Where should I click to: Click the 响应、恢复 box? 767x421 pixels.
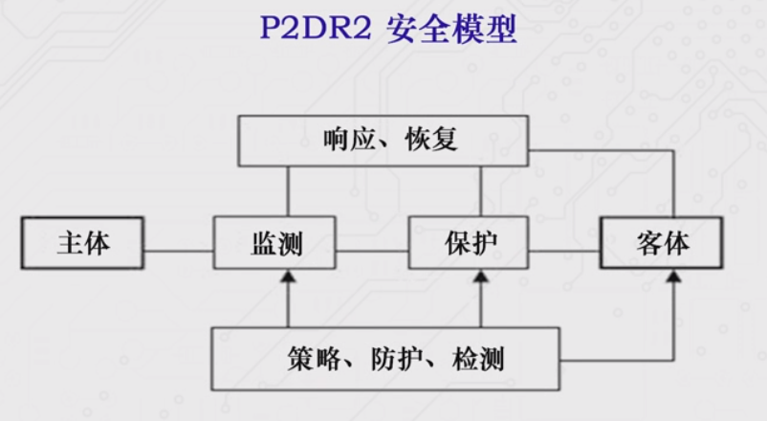[x=383, y=141]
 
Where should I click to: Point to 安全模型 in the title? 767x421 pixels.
[x=451, y=31]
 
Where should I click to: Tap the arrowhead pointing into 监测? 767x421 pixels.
[x=285, y=277]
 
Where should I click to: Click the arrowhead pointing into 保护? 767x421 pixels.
[x=480, y=277]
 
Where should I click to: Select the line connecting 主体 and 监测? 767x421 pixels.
[x=178, y=253]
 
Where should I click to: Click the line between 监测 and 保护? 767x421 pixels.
[x=373, y=253]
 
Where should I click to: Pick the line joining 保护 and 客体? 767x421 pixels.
[x=564, y=253]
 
